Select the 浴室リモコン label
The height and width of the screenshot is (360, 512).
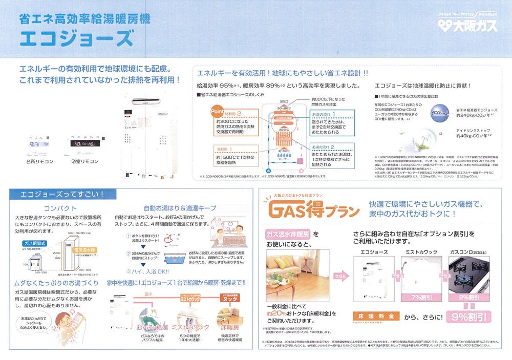[82, 161]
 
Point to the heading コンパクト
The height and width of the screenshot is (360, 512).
[60, 208]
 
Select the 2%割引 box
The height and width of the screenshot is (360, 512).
[468, 297]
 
